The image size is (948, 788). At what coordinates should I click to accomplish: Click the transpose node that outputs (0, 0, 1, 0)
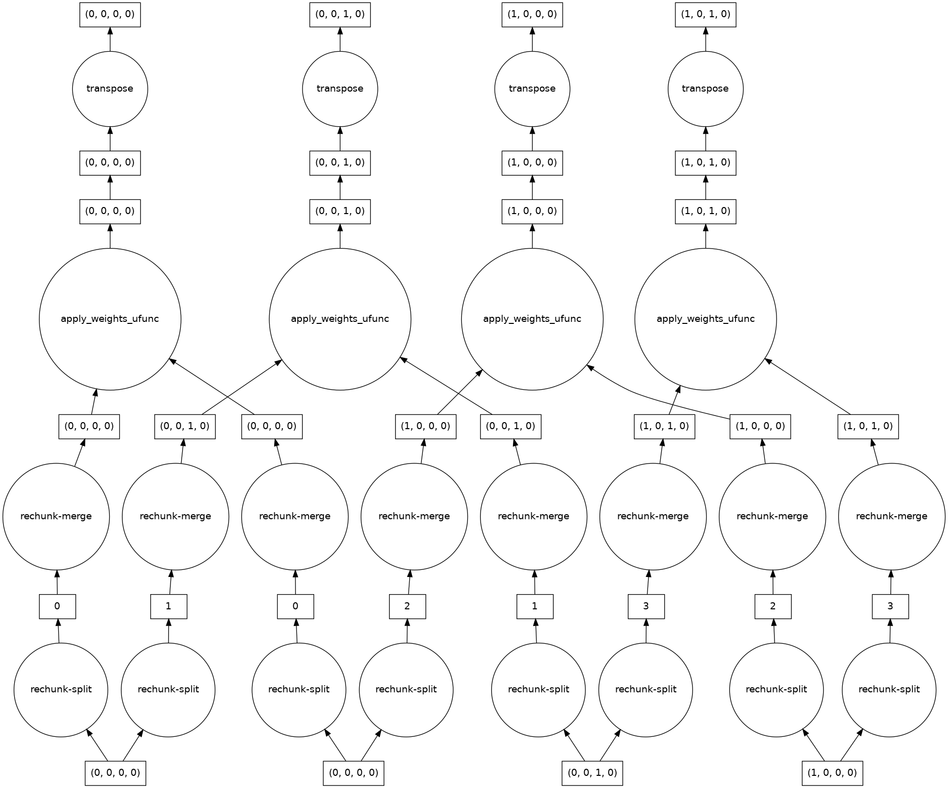click(340, 89)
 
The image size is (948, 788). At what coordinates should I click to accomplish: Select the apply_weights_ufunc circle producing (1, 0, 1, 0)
click(705, 319)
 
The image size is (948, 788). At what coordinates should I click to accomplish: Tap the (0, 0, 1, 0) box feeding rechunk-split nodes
click(592, 773)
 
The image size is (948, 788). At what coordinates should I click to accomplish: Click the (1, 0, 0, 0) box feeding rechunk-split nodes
click(832, 773)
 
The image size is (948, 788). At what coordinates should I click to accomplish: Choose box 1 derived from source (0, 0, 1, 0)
click(535, 606)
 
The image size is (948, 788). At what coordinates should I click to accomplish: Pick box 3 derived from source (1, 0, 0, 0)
click(890, 606)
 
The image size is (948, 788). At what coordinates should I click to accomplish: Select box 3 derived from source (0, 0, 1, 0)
click(646, 606)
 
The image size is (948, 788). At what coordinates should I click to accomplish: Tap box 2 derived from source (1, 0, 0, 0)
click(772, 606)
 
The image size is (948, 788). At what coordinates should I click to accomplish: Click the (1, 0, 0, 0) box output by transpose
click(532, 14)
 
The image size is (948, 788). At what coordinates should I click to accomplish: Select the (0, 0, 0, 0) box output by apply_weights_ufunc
click(110, 211)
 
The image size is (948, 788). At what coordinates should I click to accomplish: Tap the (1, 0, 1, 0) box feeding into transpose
click(705, 162)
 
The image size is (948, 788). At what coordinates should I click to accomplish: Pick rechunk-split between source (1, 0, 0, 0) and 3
click(888, 689)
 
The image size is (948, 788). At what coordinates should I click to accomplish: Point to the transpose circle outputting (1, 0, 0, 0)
click(532, 89)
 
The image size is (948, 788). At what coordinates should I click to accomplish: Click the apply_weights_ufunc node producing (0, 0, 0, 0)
click(110, 319)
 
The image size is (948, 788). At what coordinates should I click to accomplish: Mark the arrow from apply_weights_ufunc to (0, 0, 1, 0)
click(340, 236)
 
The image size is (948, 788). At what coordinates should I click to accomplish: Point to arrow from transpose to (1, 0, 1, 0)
click(705, 39)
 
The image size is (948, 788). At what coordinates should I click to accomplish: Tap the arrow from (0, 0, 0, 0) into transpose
click(110, 138)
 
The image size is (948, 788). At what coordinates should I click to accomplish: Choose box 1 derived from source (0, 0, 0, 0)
click(168, 606)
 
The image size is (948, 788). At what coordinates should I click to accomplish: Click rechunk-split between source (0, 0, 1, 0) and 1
click(538, 689)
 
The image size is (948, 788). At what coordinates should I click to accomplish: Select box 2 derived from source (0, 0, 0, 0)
click(407, 606)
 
